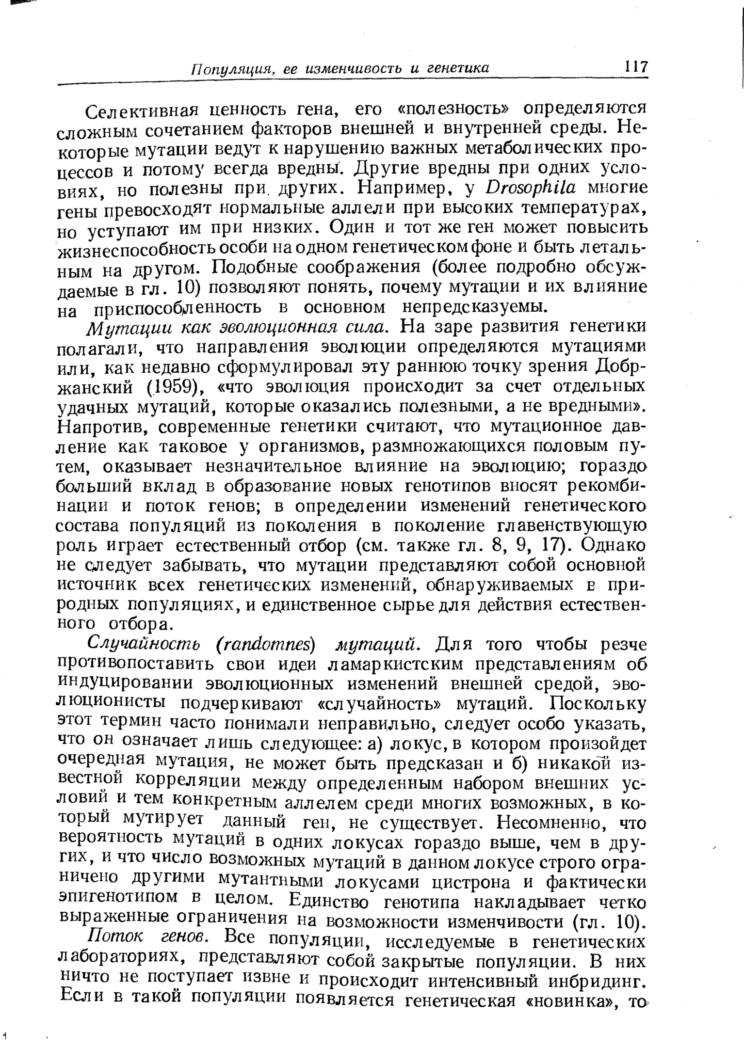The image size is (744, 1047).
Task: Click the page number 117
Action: click(x=636, y=66)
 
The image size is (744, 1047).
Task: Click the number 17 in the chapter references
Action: click(x=551, y=546)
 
